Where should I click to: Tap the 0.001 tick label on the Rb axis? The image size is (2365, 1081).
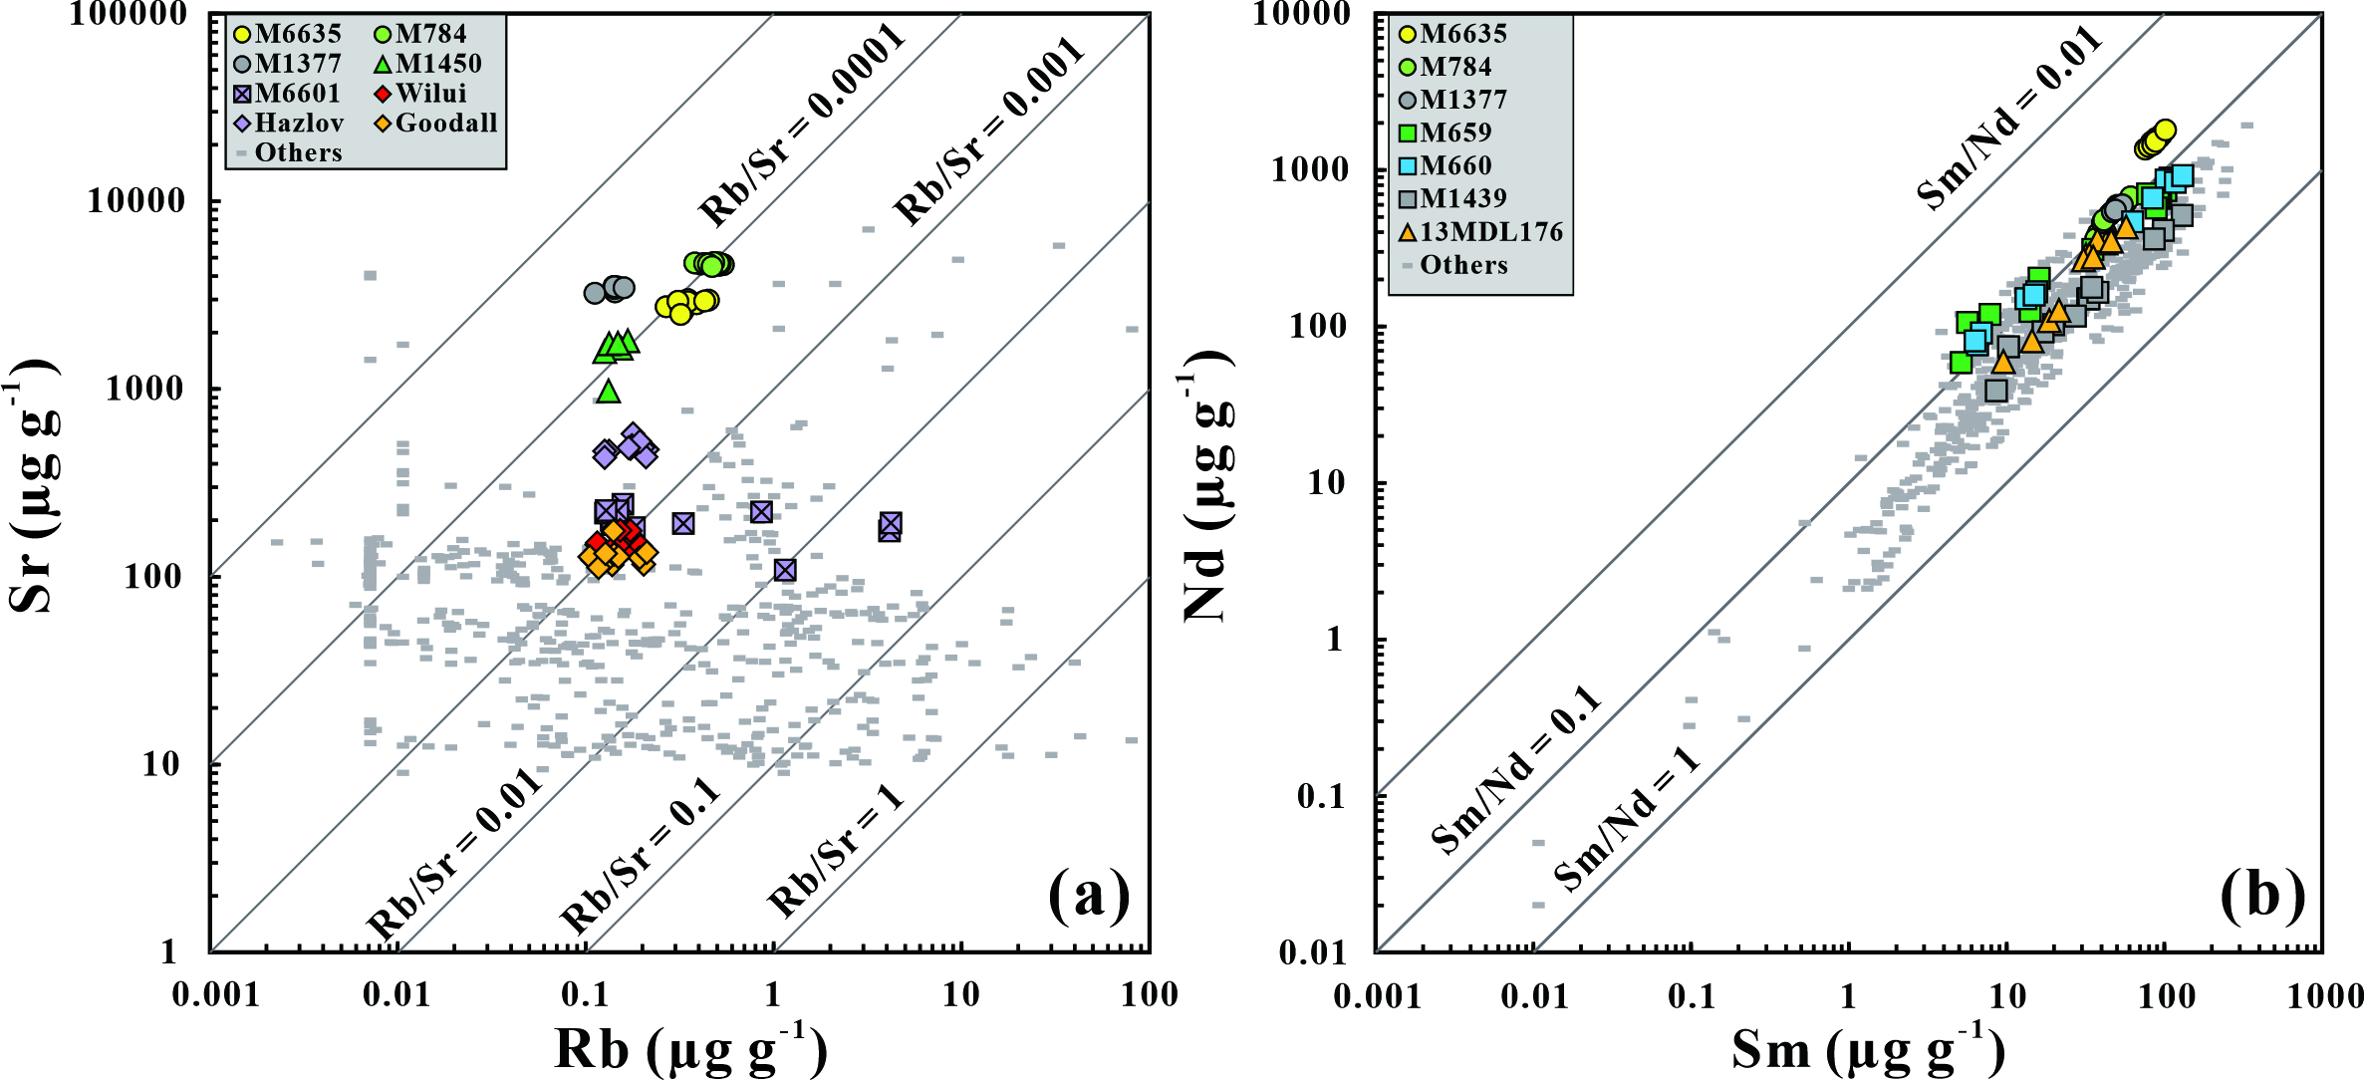(215, 994)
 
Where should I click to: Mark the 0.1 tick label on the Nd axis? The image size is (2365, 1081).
(1321, 796)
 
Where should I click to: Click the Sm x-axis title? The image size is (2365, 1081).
(1867, 1049)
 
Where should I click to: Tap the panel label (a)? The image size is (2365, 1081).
(1089, 894)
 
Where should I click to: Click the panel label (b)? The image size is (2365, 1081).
(2262, 894)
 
